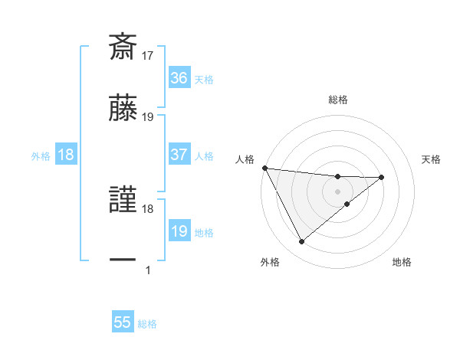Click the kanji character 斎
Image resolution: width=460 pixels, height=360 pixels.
coord(123,46)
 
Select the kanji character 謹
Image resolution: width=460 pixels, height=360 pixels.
coord(123,199)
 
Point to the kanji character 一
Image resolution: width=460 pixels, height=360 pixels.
coord(123,260)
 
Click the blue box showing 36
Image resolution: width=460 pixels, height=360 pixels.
coord(179,78)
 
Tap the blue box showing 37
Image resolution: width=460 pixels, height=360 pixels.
coord(179,155)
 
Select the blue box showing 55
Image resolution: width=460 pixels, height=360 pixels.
coord(123,322)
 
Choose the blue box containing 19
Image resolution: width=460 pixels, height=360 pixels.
coord(179,231)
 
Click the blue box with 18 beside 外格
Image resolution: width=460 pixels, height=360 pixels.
coord(66,155)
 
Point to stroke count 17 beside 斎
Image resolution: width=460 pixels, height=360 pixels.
coord(148,55)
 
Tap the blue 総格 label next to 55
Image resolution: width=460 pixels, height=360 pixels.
coord(147,324)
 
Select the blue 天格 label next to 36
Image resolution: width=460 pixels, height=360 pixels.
coord(204,80)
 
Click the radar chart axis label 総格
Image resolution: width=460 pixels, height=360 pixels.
coord(337,100)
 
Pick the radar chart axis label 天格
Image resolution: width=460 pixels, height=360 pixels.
coord(432,159)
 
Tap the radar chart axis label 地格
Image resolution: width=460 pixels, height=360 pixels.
coord(402,262)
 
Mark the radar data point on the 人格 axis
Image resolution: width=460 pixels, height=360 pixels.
coord(264,168)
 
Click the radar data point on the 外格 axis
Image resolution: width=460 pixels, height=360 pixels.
coord(301,241)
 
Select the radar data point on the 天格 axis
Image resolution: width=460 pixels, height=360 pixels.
coord(382,177)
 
